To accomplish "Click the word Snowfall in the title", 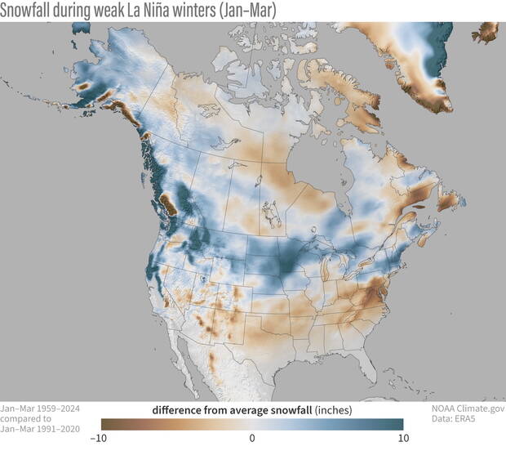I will (x=29, y=10).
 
